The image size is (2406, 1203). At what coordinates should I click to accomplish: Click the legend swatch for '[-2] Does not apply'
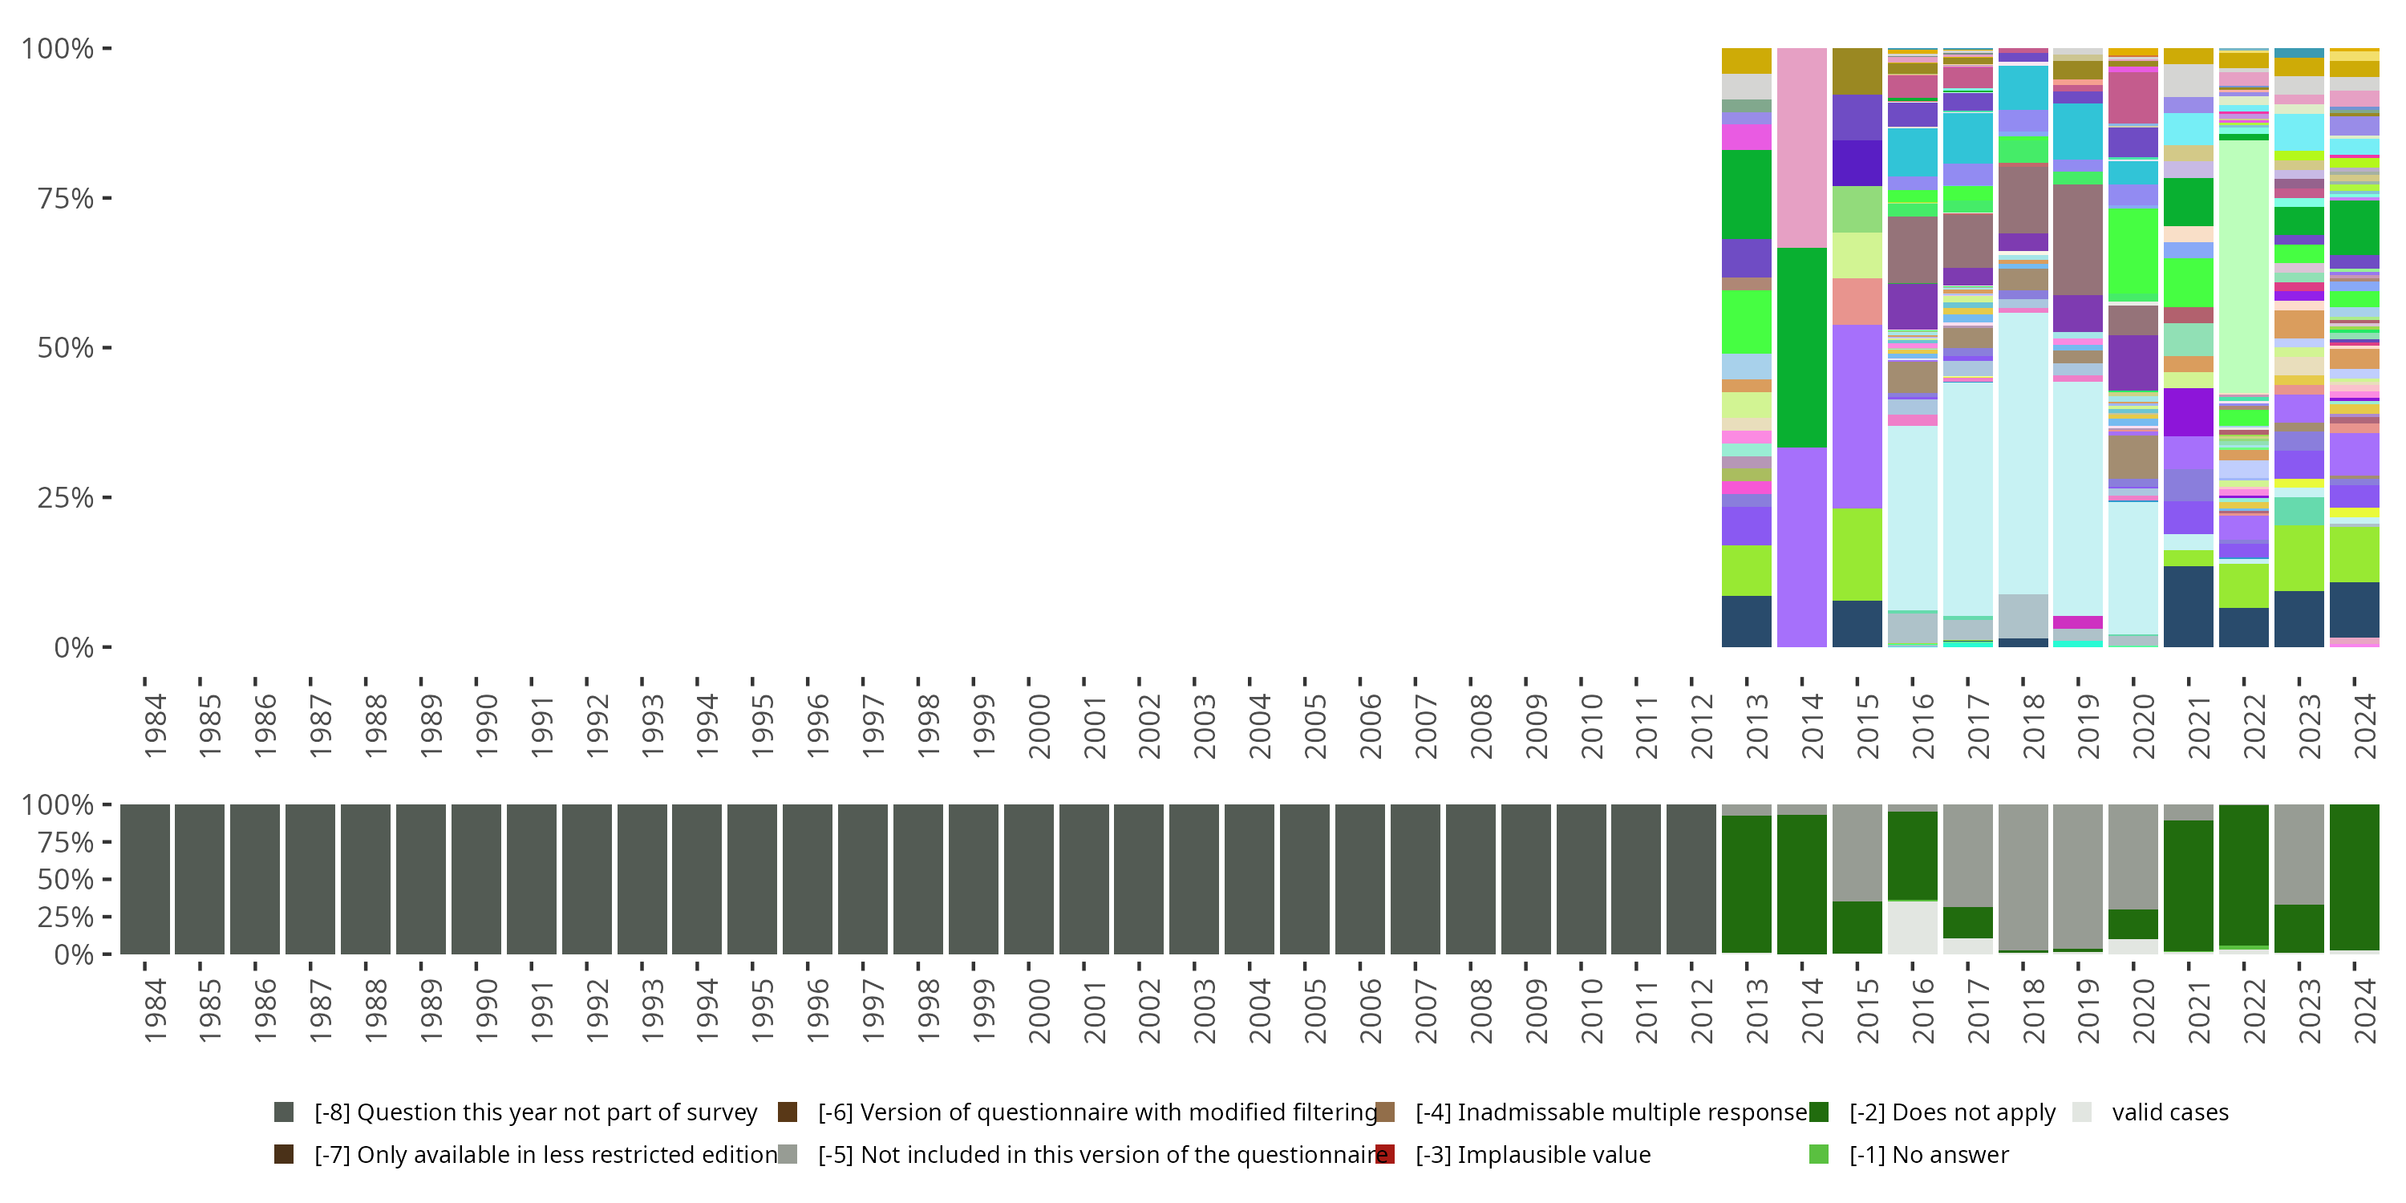[x=1818, y=1112]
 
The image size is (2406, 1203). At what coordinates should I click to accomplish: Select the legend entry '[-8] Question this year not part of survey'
[x=535, y=1112]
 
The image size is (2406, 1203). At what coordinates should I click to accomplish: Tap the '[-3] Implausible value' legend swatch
[x=1385, y=1154]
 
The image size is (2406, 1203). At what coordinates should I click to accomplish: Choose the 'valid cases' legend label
[x=2169, y=1112]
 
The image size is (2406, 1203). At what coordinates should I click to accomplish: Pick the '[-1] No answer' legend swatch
[x=1818, y=1154]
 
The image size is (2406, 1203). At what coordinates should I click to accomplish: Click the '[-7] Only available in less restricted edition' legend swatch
[x=284, y=1154]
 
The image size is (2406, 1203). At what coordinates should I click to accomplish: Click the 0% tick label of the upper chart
[x=73, y=647]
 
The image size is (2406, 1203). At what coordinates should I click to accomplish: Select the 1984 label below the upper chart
[x=155, y=726]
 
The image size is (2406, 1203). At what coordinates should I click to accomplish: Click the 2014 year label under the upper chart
[x=1812, y=726]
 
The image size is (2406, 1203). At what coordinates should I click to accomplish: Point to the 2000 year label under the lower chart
[x=1039, y=1011]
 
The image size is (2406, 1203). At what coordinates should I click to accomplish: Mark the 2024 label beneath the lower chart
[x=2364, y=1011]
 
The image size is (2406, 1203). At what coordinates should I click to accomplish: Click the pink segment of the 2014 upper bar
[x=1802, y=148]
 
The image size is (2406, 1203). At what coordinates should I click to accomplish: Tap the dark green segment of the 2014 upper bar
[x=1802, y=347]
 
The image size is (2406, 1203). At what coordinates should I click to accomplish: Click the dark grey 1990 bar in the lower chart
[x=476, y=879]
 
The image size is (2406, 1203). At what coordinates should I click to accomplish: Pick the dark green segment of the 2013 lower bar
[x=1747, y=884]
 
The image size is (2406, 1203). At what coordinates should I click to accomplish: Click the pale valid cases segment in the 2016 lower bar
[x=1912, y=927]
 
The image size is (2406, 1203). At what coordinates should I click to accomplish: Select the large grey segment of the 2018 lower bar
[x=2023, y=876]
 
